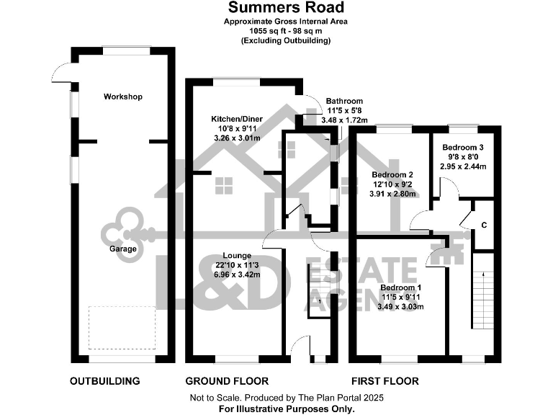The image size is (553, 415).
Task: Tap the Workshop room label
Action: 123,97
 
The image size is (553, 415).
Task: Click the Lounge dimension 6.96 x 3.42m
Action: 236,275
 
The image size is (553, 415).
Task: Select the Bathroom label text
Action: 344,101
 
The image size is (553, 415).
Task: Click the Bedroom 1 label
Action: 401,287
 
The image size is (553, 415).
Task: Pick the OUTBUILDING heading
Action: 104,380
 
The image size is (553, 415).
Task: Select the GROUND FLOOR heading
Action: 227,380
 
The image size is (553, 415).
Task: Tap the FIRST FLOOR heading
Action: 385,380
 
